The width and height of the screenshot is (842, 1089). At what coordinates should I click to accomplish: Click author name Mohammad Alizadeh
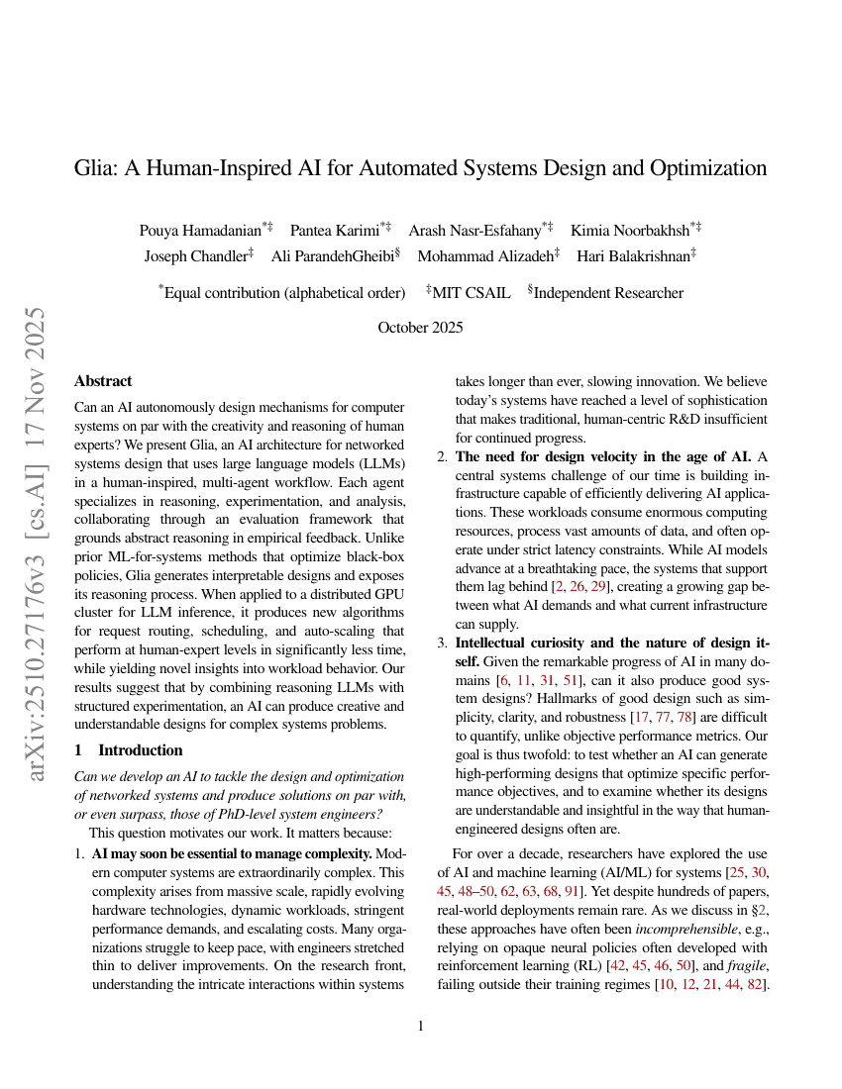point(484,255)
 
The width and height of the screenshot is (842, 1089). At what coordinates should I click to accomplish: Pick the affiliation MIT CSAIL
point(472,293)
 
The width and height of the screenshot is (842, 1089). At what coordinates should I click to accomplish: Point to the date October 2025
point(420,328)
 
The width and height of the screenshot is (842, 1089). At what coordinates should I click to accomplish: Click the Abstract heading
point(103,381)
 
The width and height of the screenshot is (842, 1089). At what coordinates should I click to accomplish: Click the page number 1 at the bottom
point(421,1026)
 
